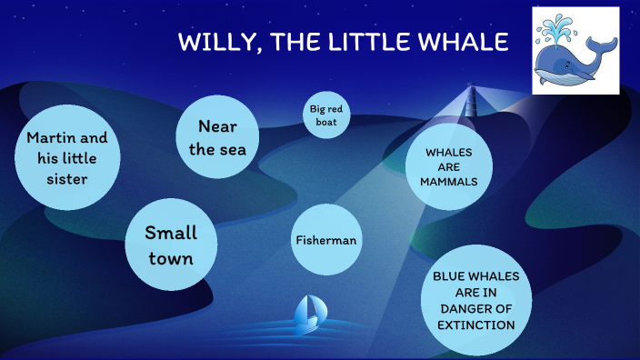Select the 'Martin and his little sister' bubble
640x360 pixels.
tap(67, 157)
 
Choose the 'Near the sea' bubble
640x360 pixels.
tap(216, 137)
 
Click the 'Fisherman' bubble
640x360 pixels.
tap(325, 240)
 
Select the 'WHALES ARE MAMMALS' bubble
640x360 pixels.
tap(448, 165)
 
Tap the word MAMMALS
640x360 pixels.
tap(448, 181)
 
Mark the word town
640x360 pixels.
tap(172, 258)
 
